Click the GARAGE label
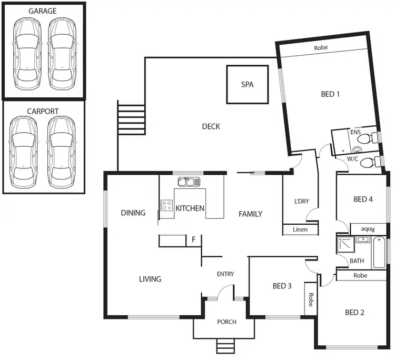pyautogui.click(x=43, y=10)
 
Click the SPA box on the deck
pyautogui.click(x=247, y=84)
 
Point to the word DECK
pyautogui.click(x=211, y=126)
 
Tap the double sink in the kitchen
pyautogui.click(x=189, y=182)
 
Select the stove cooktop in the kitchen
pyautogui.click(x=166, y=205)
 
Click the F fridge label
pyautogui.click(x=194, y=240)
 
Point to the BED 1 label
pyautogui.click(x=330, y=94)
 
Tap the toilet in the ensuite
pyautogui.click(x=375, y=137)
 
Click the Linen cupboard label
pyautogui.click(x=300, y=229)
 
